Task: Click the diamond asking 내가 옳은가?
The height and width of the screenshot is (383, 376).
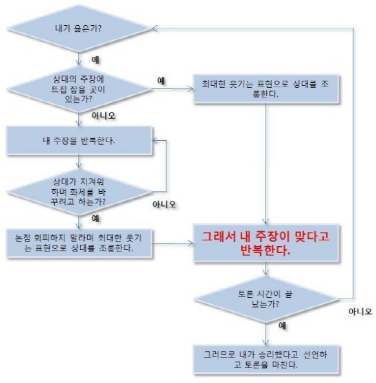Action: [x=79, y=28]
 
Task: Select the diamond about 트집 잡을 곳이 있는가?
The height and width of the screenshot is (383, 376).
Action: [x=79, y=89]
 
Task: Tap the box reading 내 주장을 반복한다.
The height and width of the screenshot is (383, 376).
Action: [x=79, y=141]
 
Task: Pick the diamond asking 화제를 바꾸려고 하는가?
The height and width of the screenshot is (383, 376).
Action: [x=79, y=192]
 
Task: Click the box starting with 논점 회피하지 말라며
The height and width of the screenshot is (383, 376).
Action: [x=79, y=243]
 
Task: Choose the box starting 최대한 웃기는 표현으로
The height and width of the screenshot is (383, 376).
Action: [x=266, y=89]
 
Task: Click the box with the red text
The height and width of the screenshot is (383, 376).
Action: [x=266, y=243]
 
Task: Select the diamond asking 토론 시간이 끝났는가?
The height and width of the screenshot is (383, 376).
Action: [x=266, y=299]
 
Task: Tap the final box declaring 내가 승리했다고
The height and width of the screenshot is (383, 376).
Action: [x=266, y=360]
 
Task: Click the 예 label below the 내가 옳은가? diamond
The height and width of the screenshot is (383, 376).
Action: [x=95, y=60]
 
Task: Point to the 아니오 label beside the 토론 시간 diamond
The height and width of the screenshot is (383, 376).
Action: [x=360, y=311]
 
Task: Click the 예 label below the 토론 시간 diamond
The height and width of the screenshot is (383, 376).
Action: [x=282, y=326]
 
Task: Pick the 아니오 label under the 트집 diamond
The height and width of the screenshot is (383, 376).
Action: [x=103, y=116]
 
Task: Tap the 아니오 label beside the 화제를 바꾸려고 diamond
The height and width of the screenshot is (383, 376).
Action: [x=164, y=204]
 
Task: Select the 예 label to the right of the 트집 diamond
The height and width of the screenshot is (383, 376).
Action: [x=161, y=81]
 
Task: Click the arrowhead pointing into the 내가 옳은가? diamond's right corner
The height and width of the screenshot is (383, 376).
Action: [x=154, y=28]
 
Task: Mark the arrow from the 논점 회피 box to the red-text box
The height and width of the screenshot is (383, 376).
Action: [x=172, y=243]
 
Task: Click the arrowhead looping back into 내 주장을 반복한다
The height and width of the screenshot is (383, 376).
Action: [x=155, y=141]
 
